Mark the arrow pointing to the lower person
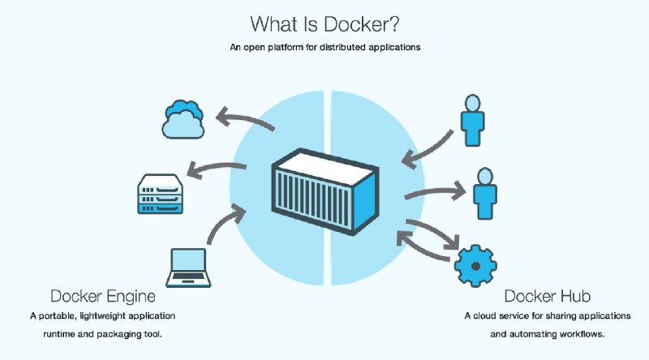tap(434, 194)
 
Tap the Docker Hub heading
tap(541, 295)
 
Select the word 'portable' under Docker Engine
tap(58, 315)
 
